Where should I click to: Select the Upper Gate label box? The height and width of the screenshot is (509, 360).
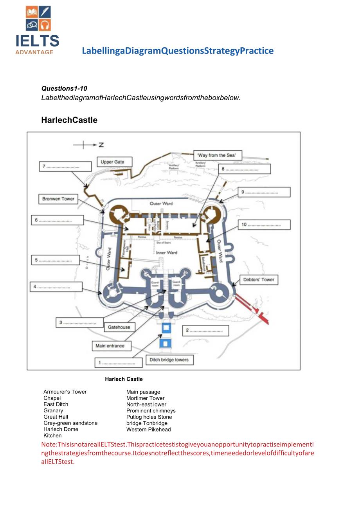pos(112,162)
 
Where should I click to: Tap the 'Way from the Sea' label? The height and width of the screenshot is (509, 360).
pos(217,155)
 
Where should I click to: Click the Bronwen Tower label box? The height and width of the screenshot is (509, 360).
pos(58,199)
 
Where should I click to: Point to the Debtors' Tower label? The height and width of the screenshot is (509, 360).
pos(259,280)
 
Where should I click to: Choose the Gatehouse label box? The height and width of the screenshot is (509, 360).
pos(119,327)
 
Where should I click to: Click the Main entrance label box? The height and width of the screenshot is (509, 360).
pos(110,346)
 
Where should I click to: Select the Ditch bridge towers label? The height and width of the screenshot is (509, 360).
pos(169,360)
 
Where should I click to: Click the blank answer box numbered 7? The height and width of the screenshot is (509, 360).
pos(65,167)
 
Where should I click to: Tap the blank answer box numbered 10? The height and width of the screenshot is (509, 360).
pos(265,225)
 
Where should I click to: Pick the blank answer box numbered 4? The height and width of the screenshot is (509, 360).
pos(56,287)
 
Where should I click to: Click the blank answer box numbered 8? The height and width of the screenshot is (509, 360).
pos(245,169)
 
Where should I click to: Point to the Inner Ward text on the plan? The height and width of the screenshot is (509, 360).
pos(167,253)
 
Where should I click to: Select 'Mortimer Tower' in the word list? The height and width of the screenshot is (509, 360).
pos(145,398)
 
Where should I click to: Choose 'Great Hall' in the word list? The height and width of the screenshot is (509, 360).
pos(56,417)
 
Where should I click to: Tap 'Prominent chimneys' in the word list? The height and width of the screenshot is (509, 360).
pos(151,411)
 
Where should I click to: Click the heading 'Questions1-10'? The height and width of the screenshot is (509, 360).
pos(64,88)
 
